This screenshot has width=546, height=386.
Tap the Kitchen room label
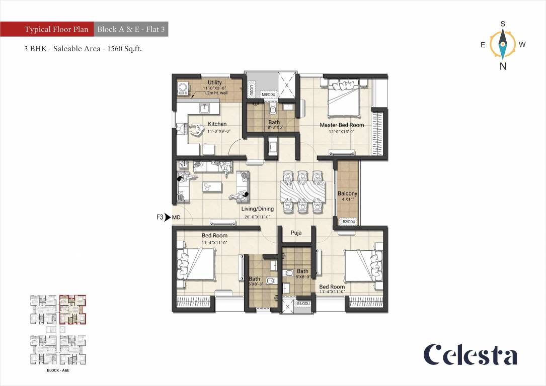[x=217, y=124]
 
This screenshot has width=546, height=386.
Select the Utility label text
[x=215, y=82]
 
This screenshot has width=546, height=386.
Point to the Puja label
[x=296, y=233]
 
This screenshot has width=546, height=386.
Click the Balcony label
[x=347, y=194]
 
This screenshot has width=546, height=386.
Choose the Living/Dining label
[x=257, y=209]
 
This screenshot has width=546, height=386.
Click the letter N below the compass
[x=503, y=66]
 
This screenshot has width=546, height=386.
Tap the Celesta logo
[x=470, y=355]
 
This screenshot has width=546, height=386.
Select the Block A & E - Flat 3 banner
[x=131, y=30]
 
